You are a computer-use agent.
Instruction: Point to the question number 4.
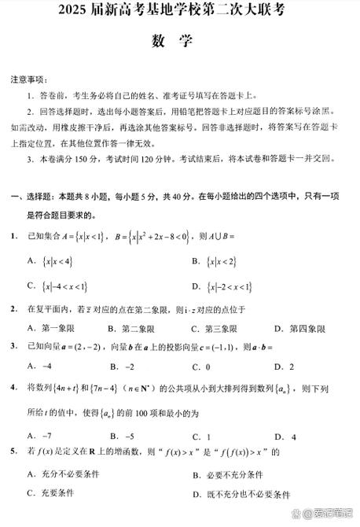13,387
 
